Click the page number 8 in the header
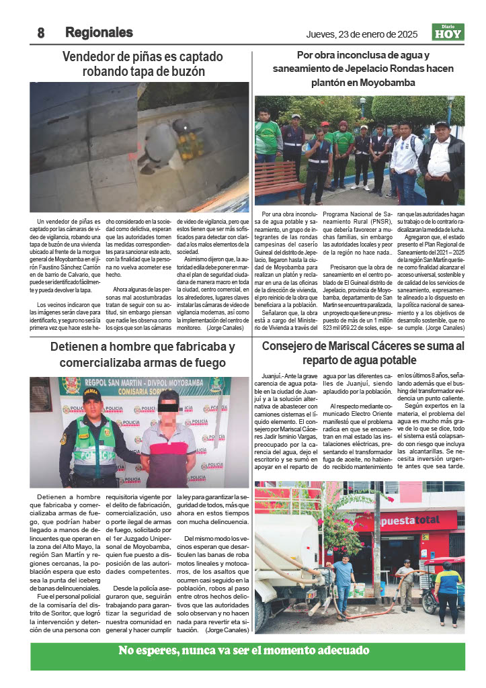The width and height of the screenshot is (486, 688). pos(40,33)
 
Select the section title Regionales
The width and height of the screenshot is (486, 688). pos(99,33)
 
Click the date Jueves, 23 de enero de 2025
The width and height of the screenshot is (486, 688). pos(362,34)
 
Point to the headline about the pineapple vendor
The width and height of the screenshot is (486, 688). pos(143,64)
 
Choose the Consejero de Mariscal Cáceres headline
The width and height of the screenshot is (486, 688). pos(362,353)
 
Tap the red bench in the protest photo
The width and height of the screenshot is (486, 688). pos(278,178)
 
